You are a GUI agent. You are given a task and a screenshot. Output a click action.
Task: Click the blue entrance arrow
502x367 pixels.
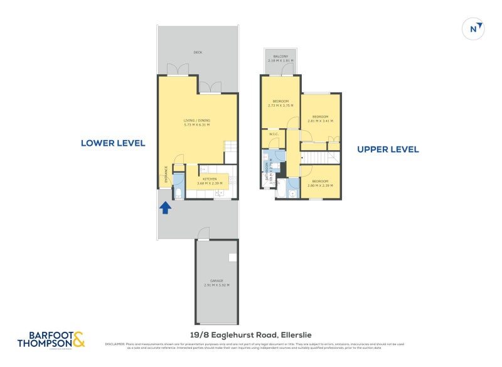(x=166, y=207)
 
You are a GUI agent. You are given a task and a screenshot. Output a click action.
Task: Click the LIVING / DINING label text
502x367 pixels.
(x=196, y=123)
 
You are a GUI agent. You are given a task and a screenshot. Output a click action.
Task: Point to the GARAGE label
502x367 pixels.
(x=216, y=283)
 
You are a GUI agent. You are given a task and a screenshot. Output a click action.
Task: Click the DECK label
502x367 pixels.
(x=198, y=52)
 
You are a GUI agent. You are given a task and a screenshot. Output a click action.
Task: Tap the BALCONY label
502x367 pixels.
(x=280, y=58)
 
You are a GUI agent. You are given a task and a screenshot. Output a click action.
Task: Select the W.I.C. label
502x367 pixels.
(x=273, y=133)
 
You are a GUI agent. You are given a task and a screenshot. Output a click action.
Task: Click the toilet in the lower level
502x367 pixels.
(x=178, y=193)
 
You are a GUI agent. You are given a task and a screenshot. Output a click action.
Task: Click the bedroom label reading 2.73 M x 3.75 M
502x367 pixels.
(x=280, y=104)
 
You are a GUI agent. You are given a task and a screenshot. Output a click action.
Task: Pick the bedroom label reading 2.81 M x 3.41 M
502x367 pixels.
(x=320, y=119)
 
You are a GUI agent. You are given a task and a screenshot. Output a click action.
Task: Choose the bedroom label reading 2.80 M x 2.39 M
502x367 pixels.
(x=320, y=183)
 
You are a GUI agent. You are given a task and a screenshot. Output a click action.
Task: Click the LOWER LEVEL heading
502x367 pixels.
(x=113, y=143)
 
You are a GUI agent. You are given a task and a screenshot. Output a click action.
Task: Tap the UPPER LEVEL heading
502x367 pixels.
(x=388, y=150)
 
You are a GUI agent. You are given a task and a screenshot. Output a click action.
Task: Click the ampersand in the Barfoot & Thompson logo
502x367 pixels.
(x=78, y=339)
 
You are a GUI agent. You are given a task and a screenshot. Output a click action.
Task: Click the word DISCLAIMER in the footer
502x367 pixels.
(x=115, y=344)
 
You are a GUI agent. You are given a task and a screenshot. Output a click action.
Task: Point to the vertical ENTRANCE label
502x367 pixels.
(x=166, y=174)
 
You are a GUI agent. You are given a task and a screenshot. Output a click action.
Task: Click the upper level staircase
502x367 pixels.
(x=320, y=156)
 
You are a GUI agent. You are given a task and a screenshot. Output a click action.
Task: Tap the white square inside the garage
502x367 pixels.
(x=232, y=257)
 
